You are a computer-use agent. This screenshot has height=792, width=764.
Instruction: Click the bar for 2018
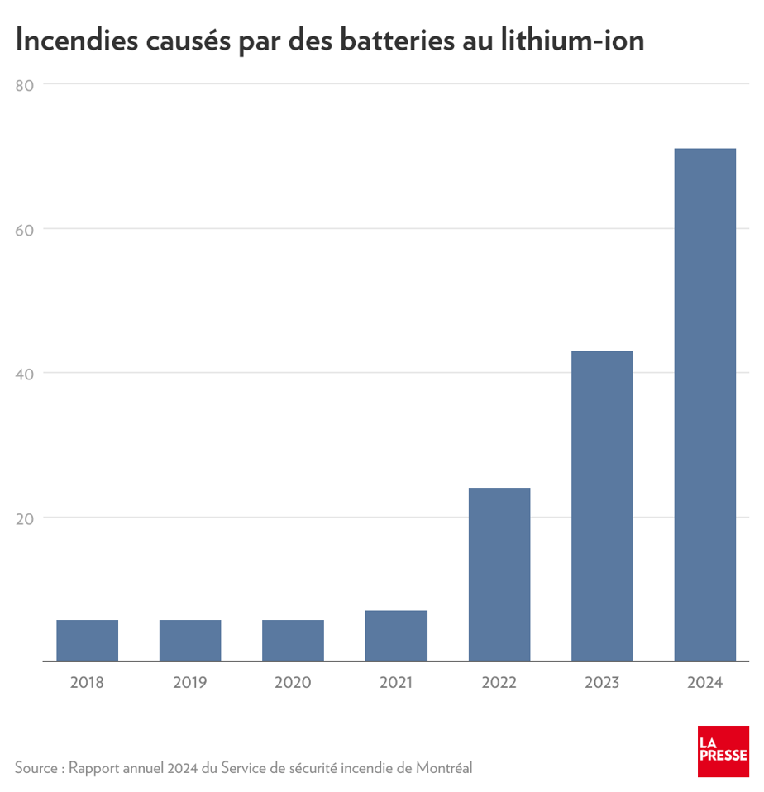coord(87,641)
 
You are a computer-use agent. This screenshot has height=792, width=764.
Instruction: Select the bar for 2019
coord(190,641)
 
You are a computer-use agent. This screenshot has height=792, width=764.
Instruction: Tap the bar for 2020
coord(293,641)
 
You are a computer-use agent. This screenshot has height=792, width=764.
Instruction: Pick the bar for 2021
coord(396,636)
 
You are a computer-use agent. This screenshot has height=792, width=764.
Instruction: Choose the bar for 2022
coord(499,575)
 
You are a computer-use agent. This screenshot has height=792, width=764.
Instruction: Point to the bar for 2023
coord(602,506)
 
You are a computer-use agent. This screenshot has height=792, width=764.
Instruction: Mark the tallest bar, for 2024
coord(704,405)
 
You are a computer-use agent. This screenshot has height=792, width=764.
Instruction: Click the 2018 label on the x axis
coord(87,683)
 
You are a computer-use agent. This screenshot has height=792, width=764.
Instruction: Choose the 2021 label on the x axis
coord(396,683)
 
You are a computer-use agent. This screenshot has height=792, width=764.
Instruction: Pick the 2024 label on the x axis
coord(704,683)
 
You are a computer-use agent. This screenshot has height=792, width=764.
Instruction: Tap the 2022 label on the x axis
coord(499,683)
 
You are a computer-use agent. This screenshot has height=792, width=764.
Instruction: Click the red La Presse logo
coord(723,751)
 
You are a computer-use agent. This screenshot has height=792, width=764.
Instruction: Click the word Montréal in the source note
coord(444,768)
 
